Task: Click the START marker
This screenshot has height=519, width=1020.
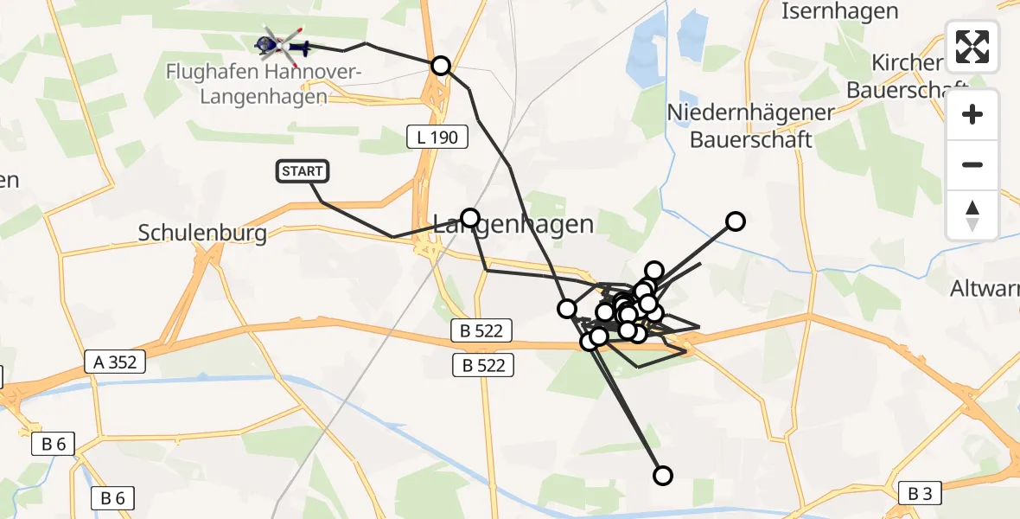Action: (303, 171)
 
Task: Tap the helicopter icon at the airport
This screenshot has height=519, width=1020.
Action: (282, 44)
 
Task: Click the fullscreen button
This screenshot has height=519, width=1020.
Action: (972, 47)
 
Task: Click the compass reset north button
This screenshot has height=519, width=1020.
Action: (972, 215)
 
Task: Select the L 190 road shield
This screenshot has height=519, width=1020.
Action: (437, 136)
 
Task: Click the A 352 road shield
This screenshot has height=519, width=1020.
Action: (116, 362)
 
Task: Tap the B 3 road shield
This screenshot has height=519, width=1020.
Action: (920, 494)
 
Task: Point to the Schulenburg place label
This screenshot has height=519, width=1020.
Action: (202, 233)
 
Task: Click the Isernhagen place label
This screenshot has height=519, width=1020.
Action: (839, 11)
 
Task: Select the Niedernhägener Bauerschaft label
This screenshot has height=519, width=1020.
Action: (750, 125)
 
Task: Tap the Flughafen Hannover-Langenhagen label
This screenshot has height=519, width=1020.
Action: (264, 84)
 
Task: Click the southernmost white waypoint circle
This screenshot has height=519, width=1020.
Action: (663, 475)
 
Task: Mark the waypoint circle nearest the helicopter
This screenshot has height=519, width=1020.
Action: (441, 65)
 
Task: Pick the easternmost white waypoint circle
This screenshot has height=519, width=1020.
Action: (735, 221)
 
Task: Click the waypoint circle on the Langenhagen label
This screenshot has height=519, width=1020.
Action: (470, 217)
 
